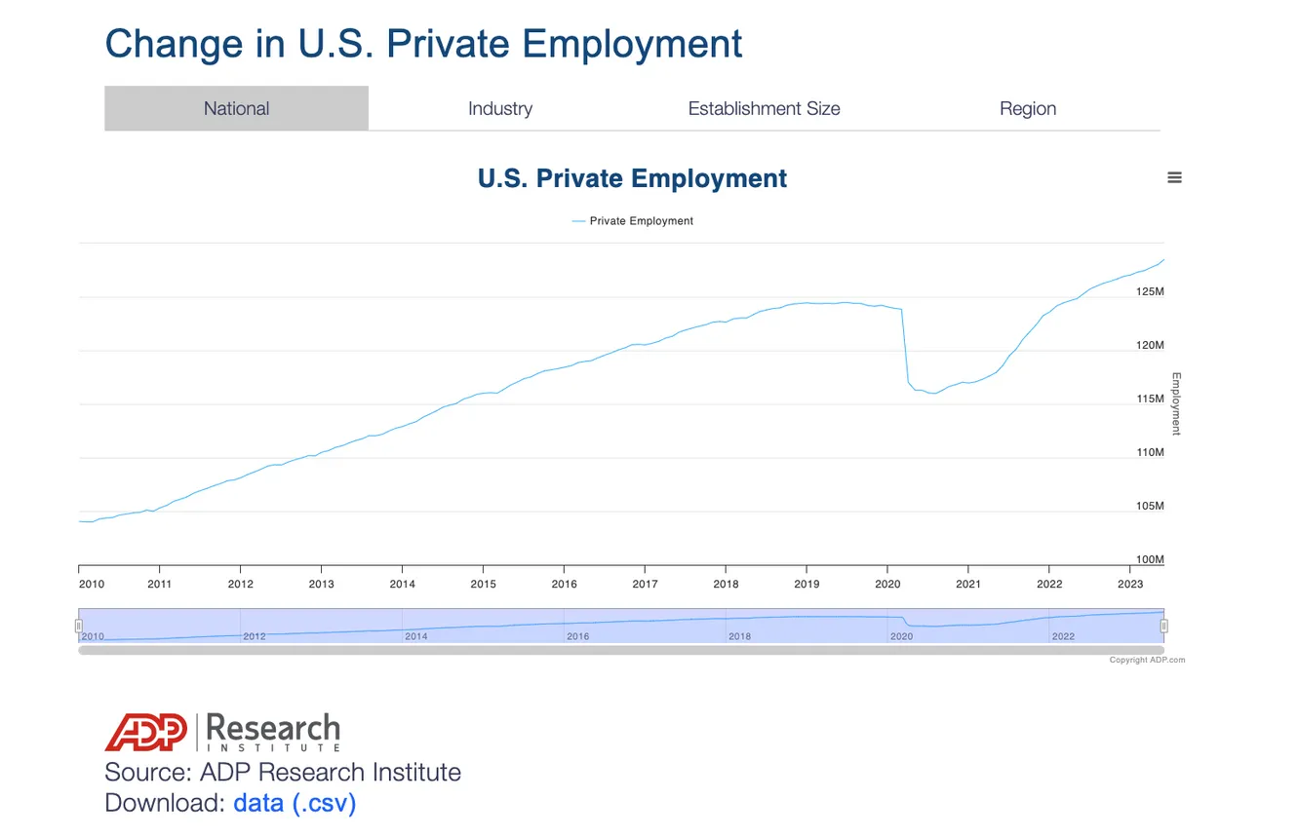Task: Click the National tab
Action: point(236,108)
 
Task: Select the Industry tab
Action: point(500,108)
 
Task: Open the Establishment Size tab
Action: point(764,108)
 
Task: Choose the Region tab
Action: point(1028,108)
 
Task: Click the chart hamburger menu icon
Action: point(1174,177)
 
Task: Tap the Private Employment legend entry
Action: point(632,220)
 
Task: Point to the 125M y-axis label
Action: point(1150,291)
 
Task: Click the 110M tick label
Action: point(1150,452)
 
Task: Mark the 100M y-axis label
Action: point(1150,559)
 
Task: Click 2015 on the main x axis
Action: point(483,584)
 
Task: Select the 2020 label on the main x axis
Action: point(887,584)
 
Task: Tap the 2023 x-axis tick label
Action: point(1129,584)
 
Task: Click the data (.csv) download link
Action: point(295,803)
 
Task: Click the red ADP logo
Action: point(146,732)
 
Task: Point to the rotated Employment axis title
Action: point(1176,403)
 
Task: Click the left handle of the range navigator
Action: point(79,626)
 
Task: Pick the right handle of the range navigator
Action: point(1163,626)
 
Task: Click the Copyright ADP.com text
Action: point(1147,660)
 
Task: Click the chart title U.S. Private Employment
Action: point(632,178)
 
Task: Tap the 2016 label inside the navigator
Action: point(577,636)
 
